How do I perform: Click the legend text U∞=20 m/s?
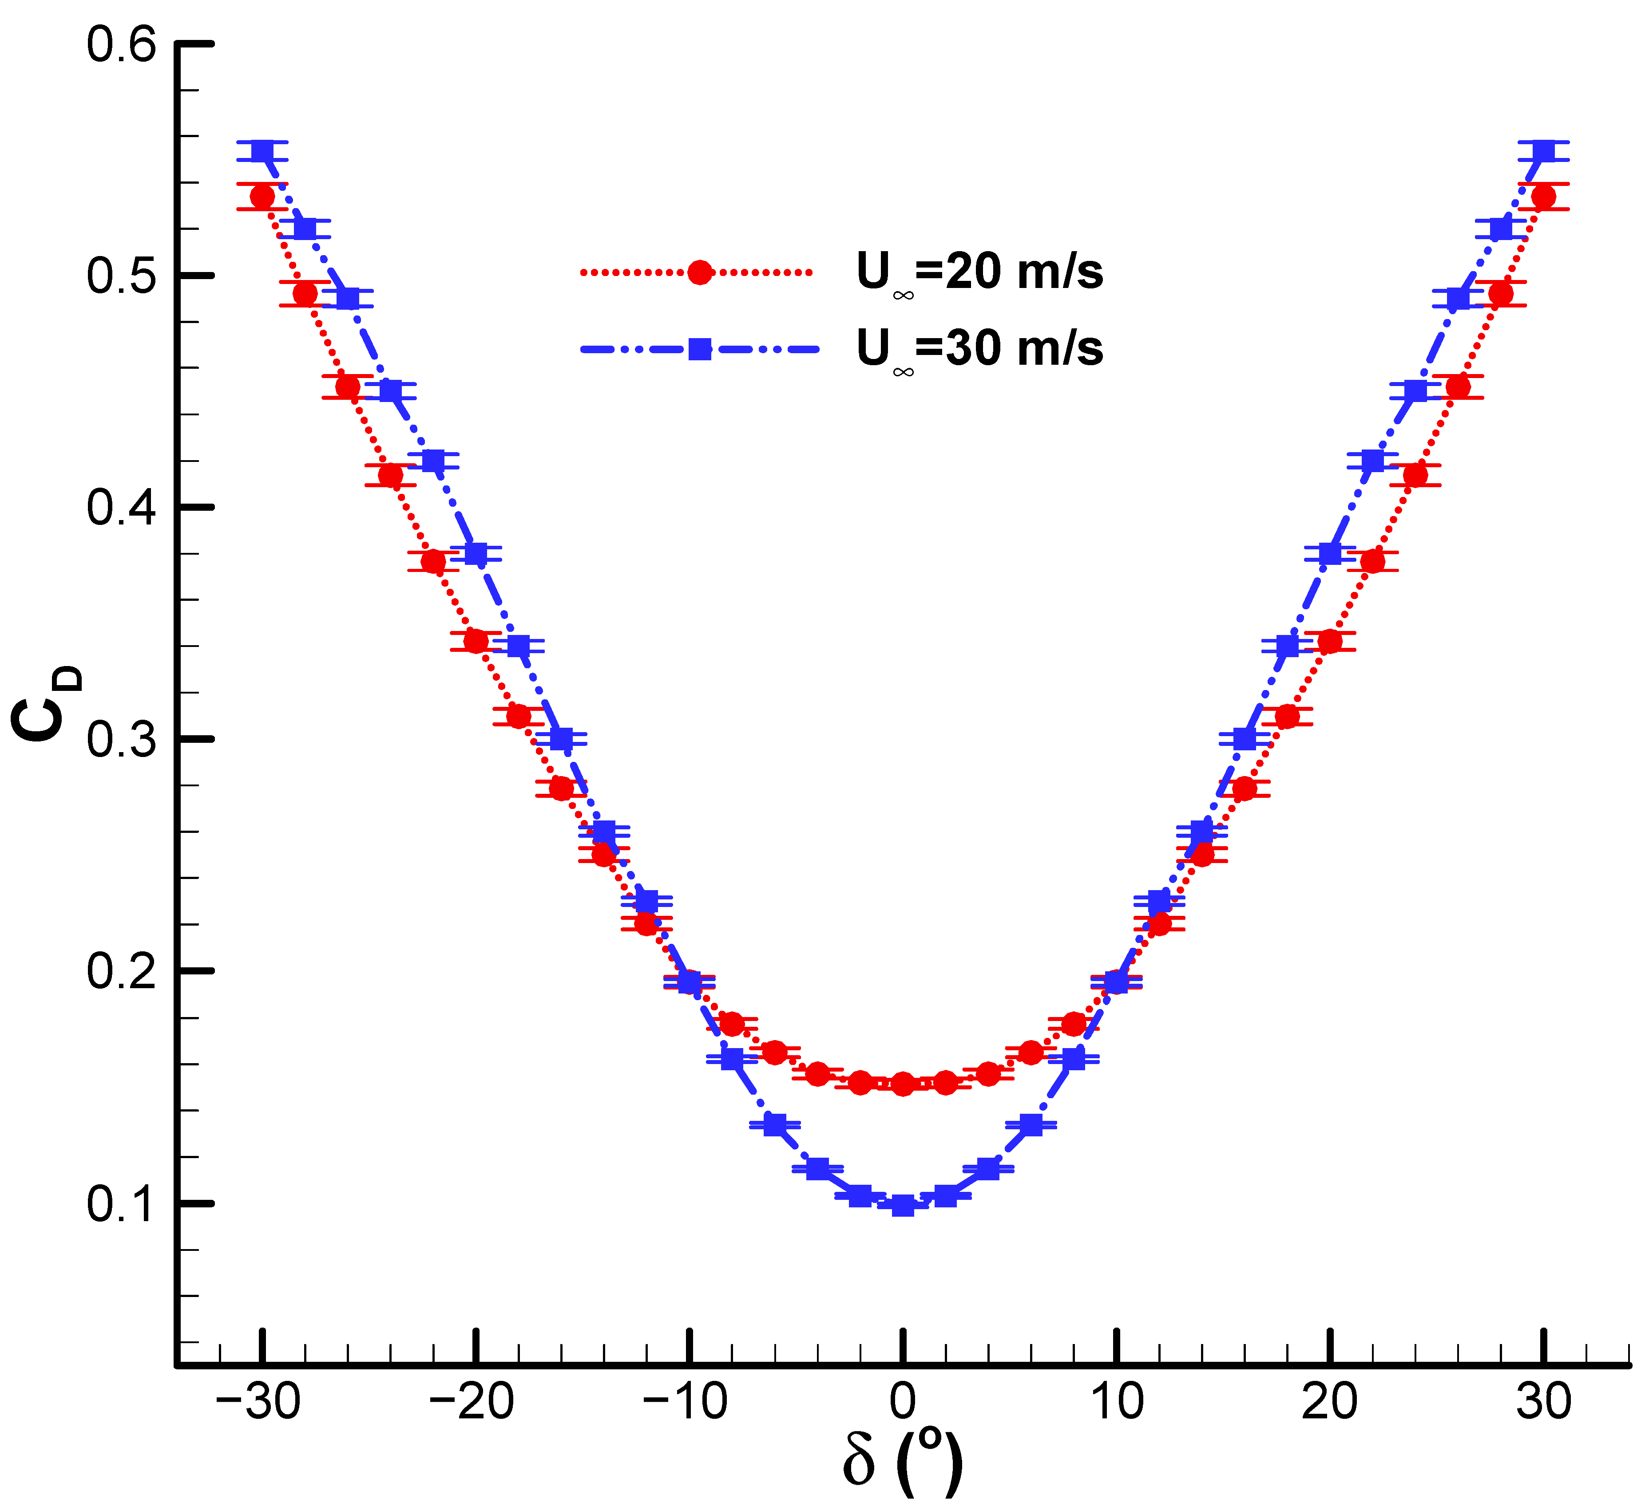point(979,272)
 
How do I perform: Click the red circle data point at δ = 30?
point(1543,197)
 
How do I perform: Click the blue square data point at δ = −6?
point(775,1125)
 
